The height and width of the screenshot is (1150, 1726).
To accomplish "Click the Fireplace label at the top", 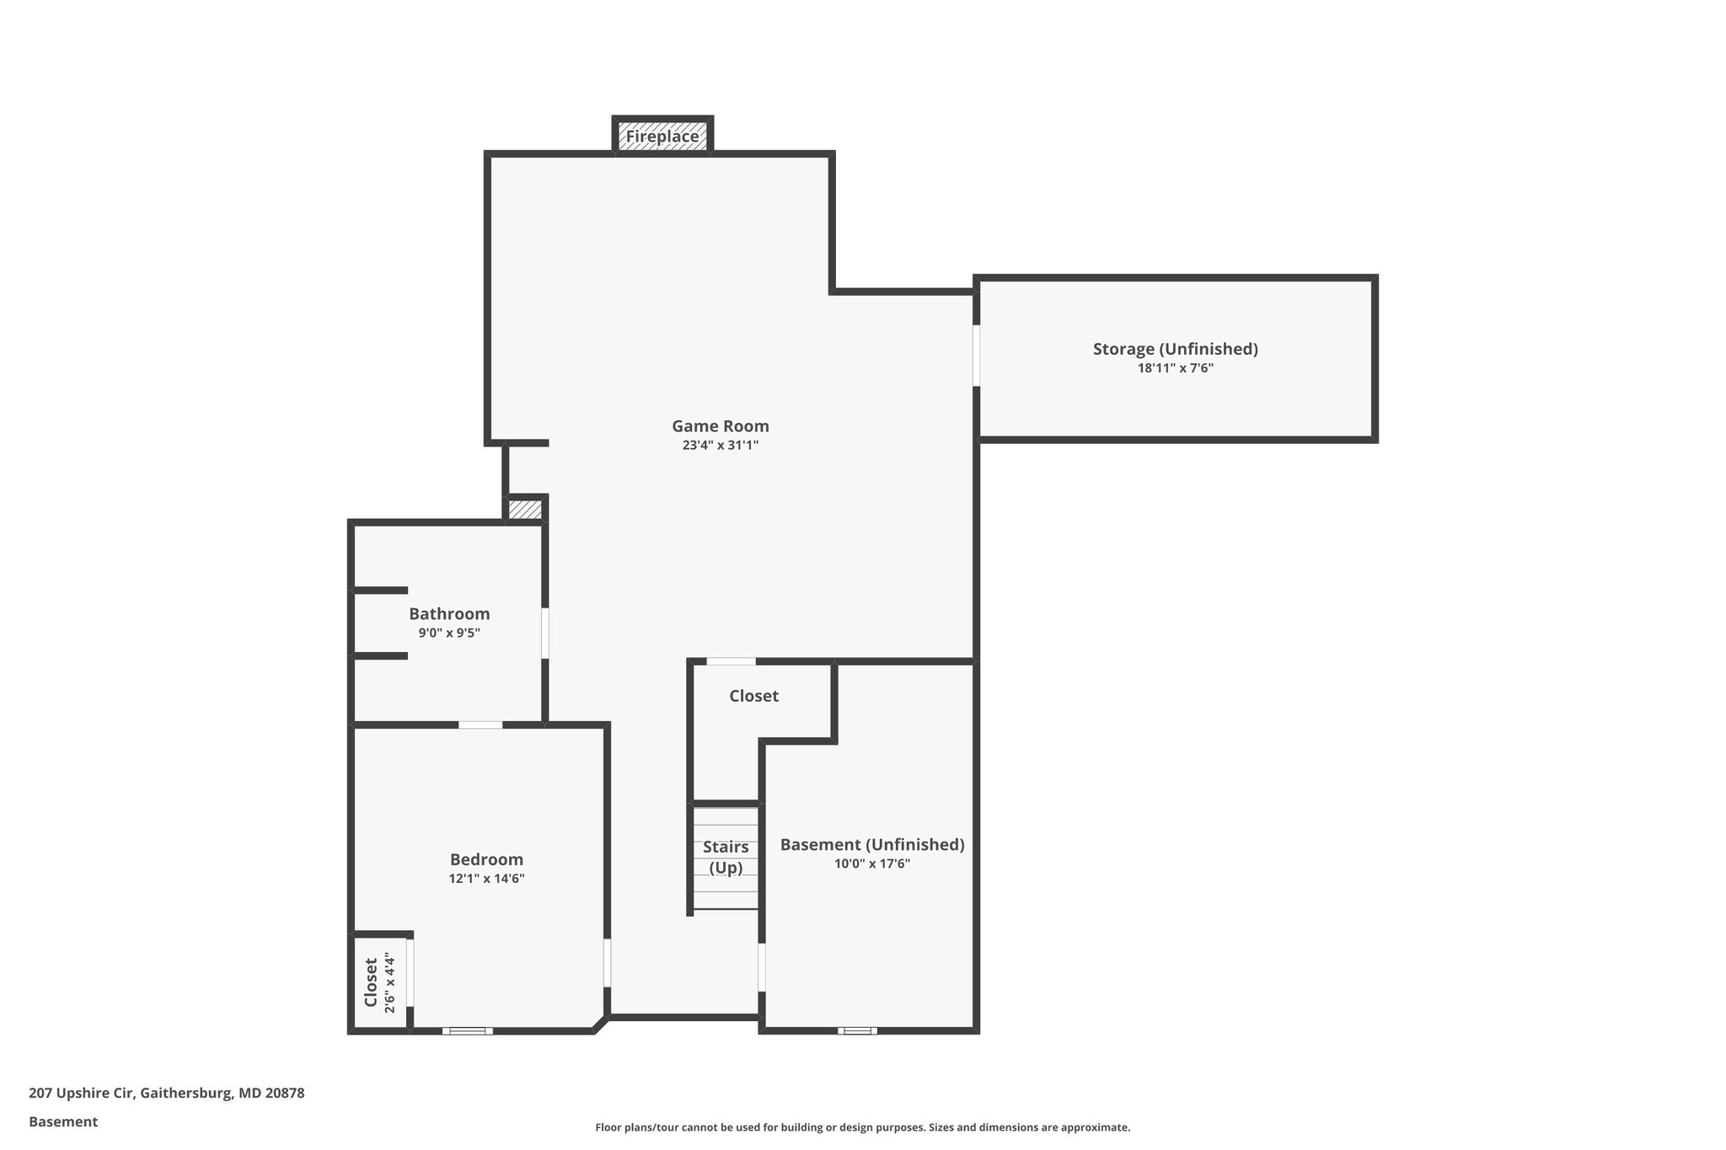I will coord(662,136).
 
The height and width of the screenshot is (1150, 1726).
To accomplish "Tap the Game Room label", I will coord(720,426).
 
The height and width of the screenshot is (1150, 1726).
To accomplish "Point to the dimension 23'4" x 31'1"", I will coord(720,446).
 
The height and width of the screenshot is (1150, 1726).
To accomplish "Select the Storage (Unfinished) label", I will coord(1175,349).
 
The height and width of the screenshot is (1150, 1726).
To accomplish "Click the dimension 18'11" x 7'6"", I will coord(1175,368).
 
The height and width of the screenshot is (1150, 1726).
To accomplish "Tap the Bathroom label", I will coord(449,614).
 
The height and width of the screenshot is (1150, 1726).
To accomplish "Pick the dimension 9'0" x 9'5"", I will coord(449,633).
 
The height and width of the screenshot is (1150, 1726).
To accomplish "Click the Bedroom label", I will coord(486,859).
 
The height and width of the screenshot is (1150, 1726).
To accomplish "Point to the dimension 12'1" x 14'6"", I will coord(486,879).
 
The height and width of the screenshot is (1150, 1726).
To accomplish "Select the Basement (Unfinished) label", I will coord(871,844).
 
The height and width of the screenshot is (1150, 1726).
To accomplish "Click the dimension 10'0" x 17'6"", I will coord(871,864).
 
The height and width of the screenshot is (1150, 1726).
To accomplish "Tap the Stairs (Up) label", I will coord(726,857).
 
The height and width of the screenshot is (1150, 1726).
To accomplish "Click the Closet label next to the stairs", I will coord(753,696).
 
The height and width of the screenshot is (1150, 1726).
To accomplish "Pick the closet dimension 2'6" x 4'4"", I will coord(389,982).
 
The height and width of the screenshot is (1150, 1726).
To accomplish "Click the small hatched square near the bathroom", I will coord(525,510).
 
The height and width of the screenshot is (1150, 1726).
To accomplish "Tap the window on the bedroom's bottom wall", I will coord(468,1030).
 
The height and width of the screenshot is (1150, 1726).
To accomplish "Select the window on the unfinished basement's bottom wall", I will coord(857,1030).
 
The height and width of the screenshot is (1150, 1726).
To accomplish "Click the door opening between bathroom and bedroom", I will coord(480,725).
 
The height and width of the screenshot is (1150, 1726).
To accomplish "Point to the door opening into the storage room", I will coord(977,355).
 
